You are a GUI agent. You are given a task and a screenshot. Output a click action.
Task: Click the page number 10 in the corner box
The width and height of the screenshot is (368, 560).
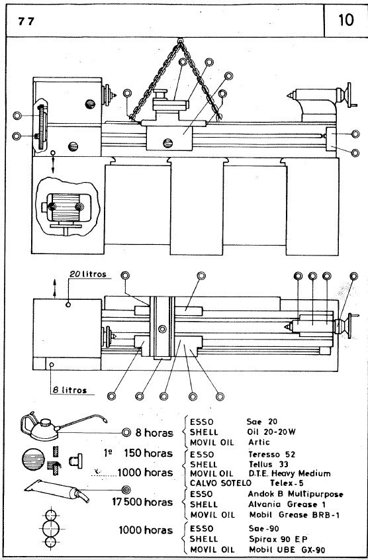point(346,19)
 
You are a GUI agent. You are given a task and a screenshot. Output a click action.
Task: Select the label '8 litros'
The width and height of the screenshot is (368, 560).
point(69,390)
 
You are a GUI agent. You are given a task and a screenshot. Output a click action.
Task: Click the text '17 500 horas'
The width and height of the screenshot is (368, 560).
point(142,502)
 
